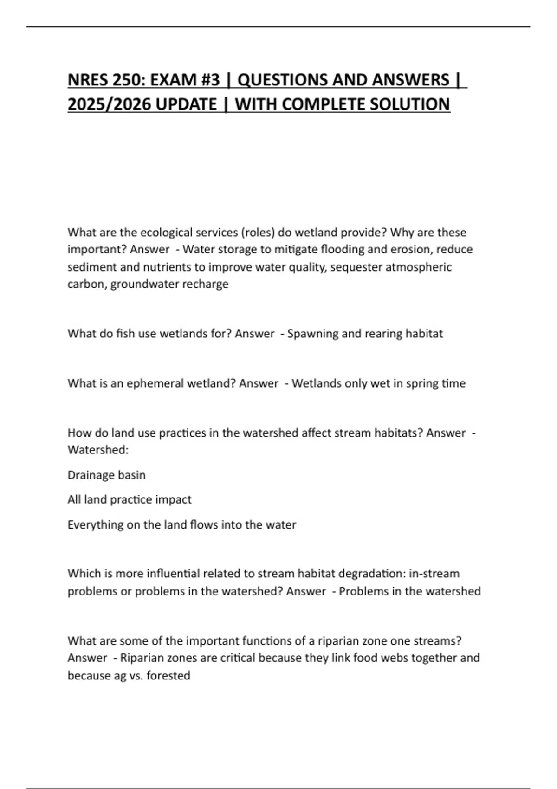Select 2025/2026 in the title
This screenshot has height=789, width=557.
point(109,104)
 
